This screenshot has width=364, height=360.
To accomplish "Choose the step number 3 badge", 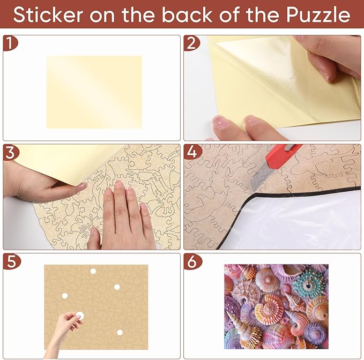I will pos(10,152).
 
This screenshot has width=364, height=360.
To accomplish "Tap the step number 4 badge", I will pos(191,152).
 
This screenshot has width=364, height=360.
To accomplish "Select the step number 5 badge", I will pos(10,261).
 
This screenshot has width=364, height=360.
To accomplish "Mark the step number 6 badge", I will pos(191,261).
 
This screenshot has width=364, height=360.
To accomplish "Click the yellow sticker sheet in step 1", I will pos(94,92).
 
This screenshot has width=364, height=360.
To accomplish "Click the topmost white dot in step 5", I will pos(93,271).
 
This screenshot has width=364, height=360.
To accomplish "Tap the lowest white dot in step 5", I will pos(120,332).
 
